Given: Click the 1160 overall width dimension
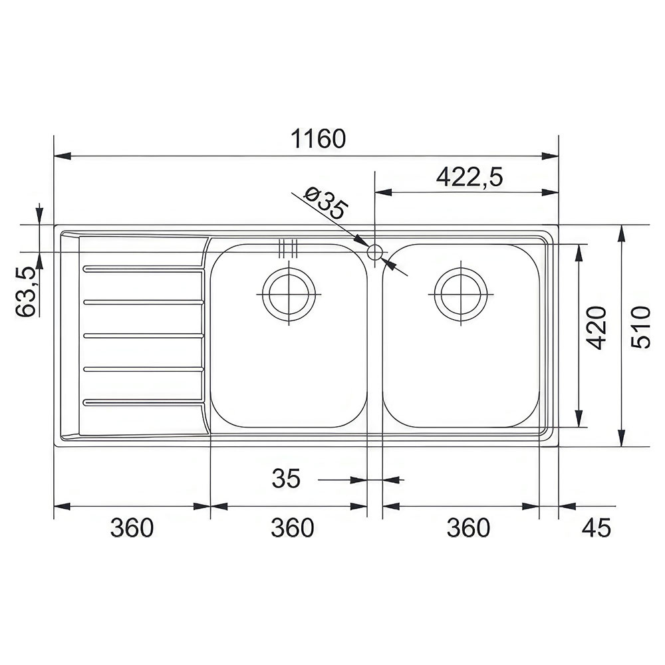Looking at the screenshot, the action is click(x=318, y=139).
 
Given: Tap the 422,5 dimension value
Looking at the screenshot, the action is click(x=469, y=177).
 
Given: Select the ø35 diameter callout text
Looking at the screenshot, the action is click(x=326, y=204).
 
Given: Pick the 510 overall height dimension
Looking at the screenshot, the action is click(x=640, y=327).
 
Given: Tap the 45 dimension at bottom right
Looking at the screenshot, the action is click(x=597, y=528).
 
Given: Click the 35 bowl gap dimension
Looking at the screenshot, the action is click(x=286, y=478).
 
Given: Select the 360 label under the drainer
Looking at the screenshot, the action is click(x=132, y=528).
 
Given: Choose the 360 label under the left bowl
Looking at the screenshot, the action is click(x=293, y=528).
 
